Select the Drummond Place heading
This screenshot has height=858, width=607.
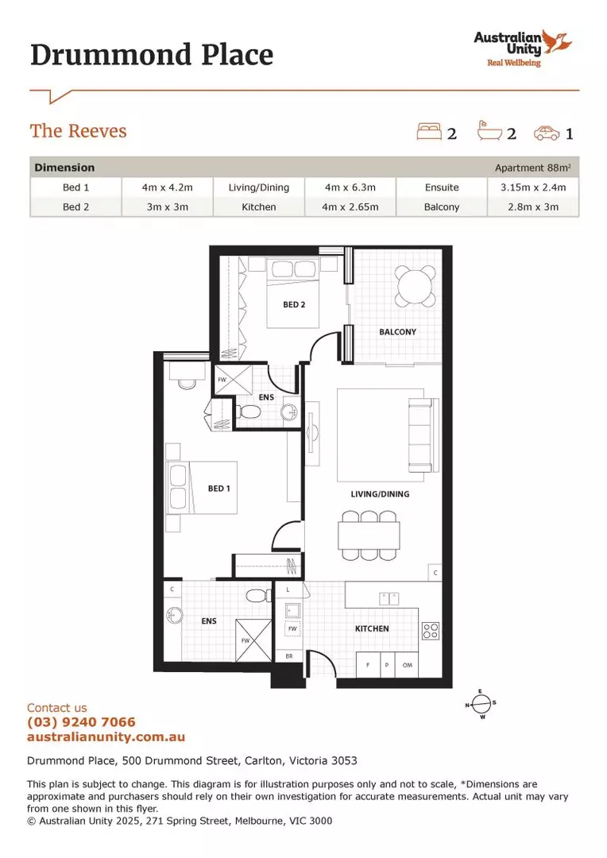coord(152,55)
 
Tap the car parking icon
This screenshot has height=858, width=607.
coord(547,133)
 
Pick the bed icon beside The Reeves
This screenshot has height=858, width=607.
coord(429,132)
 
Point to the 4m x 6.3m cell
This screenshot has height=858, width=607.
coord(350,187)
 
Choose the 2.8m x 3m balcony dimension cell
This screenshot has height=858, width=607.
coord(533,207)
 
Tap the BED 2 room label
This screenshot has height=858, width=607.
coord(294,304)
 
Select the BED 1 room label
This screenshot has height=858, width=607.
coord(218,489)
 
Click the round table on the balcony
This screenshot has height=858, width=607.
coord(416,287)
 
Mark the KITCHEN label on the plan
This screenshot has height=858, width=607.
coord(372,628)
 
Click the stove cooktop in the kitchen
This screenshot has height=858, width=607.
coord(430,631)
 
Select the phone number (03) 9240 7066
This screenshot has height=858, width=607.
coord(81,722)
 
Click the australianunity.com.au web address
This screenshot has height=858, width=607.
coord(106,736)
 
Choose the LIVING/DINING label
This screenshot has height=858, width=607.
coord(380,494)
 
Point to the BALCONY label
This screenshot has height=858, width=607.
coord(397,332)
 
